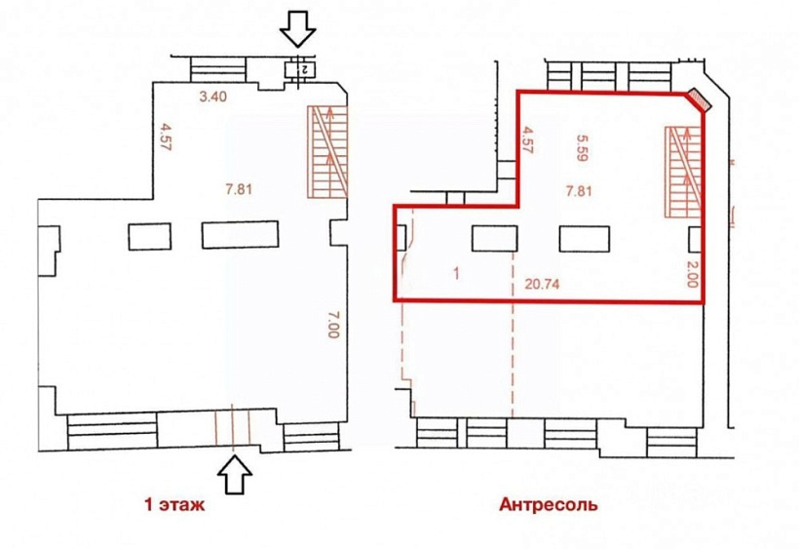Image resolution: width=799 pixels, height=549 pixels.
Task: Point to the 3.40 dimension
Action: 213,97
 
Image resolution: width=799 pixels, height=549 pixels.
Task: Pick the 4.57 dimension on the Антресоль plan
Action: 528,141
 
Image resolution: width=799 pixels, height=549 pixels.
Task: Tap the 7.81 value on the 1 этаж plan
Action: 238,189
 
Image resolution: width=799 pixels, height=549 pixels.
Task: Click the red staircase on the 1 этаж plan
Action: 327,152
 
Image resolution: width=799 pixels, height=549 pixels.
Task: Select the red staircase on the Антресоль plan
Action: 683,172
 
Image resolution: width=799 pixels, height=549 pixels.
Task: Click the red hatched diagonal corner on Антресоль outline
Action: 698,100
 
